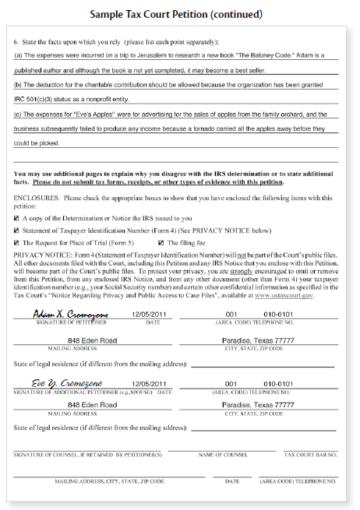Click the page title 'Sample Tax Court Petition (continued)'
click(x=180, y=14)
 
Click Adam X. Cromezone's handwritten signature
click(x=71, y=313)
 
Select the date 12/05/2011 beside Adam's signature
click(x=150, y=314)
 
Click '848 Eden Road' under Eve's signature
click(x=93, y=405)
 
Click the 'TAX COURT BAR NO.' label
click(x=310, y=454)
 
